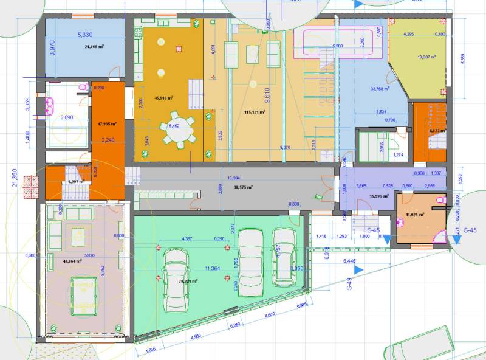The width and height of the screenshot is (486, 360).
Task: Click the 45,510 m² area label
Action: click(x=164, y=97)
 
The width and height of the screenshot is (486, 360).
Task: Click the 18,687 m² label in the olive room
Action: click(x=428, y=58)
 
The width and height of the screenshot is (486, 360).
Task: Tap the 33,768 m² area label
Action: click(x=380, y=88)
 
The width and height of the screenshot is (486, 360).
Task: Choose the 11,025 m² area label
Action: click(x=416, y=214)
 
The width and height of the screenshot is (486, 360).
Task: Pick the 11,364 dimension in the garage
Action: click(x=213, y=268)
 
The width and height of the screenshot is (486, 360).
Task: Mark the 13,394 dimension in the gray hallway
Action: click(x=233, y=178)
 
